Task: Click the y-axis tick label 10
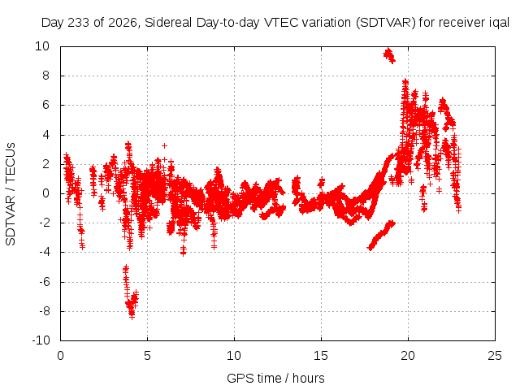point(42,46)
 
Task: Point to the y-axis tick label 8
point(45,76)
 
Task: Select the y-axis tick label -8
point(43,311)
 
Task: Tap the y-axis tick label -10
point(41,340)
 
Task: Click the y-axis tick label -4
point(43,253)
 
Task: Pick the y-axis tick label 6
point(45,105)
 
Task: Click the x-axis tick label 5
point(147,356)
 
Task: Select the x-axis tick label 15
point(321,356)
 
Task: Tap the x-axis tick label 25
point(495,356)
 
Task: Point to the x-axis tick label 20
point(408,356)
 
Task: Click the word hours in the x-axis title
point(309,378)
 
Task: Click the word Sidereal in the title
point(168,23)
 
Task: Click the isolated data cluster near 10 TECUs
point(389,55)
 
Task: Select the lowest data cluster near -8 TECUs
point(131,292)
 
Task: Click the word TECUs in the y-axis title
point(11,162)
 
